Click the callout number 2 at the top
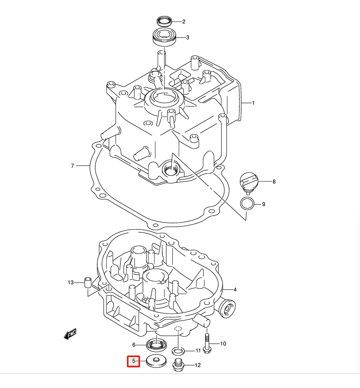pyautogui.click(x=183, y=22)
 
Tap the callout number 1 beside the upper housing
pyautogui.click(x=253, y=103)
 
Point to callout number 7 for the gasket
pyautogui.click(x=73, y=166)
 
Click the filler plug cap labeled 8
pyautogui.click(x=249, y=181)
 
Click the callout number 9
pyautogui.click(x=264, y=204)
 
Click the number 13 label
pyautogui.click(x=71, y=283)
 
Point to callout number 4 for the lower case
pyautogui.click(x=235, y=289)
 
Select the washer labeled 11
pyautogui.click(x=180, y=350)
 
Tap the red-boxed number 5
pyautogui.click(x=133, y=361)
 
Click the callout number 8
pyautogui.click(x=273, y=181)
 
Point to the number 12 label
pyautogui.click(x=198, y=366)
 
